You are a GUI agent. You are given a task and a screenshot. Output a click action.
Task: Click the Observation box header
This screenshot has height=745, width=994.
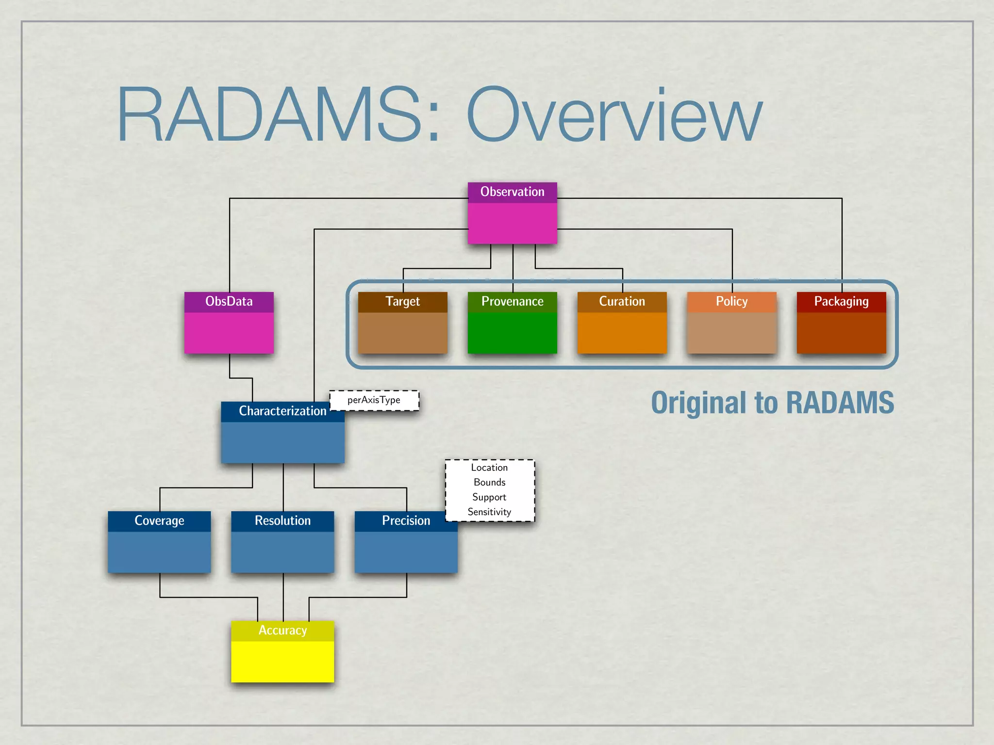click(x=512, y=192)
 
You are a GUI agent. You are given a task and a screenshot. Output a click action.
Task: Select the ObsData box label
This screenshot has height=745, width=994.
click(x=229, y=302)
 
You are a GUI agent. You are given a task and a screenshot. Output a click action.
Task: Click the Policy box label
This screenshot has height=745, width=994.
click(x=731, y=302)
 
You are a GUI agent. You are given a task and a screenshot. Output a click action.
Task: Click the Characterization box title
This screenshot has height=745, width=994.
click(x=282, y=411)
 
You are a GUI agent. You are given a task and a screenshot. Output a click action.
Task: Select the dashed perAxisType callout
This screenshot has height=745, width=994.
click(x=374, y=401)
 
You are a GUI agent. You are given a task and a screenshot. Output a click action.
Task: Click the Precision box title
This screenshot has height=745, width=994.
click(x=406, y=521)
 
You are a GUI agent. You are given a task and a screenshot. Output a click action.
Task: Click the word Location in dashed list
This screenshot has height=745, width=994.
click(x=489, y=468)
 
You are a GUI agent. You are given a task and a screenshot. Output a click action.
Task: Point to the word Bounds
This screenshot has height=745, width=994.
click(x=489, y=483)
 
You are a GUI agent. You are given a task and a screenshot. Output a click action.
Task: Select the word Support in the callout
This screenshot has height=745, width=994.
click(x=489, y=497)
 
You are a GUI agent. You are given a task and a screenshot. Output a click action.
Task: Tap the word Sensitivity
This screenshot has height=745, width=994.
click(x=489, y=512)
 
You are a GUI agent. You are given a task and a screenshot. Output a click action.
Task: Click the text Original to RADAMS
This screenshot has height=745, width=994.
click(x=772, y=403)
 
